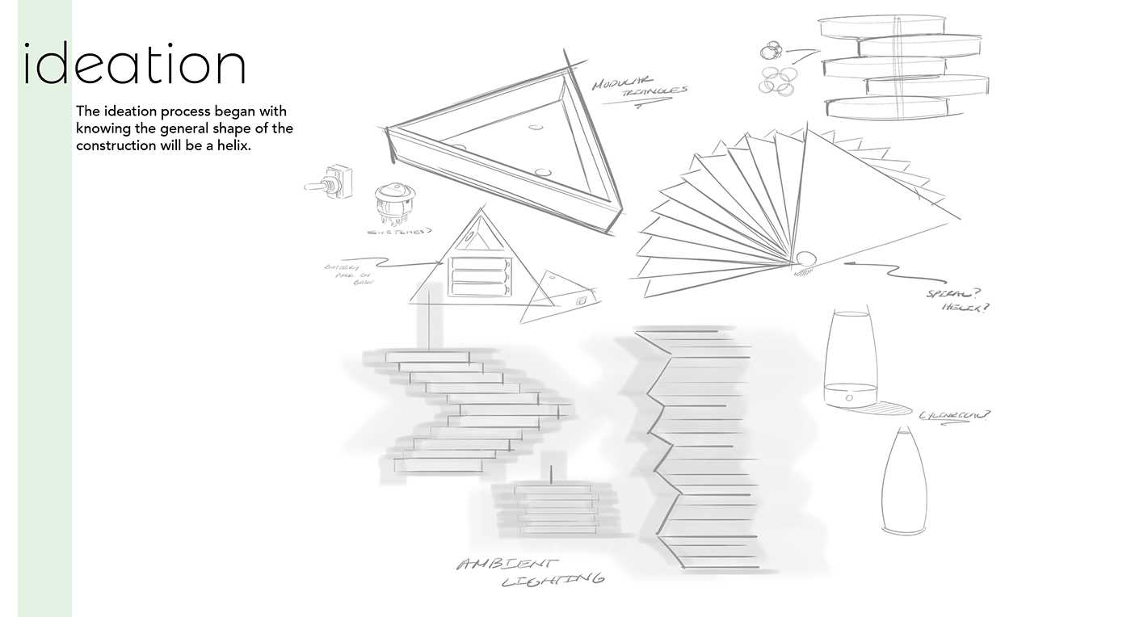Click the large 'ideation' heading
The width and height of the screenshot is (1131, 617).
[134, 65]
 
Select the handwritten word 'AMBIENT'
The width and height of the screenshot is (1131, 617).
[507, 565]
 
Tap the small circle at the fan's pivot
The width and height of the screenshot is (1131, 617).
[806, 259]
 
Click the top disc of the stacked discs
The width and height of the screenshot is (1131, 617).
[882, 27]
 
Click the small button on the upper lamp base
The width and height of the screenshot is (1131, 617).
[849, 398]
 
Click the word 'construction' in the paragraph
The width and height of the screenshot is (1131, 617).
[113, 146]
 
